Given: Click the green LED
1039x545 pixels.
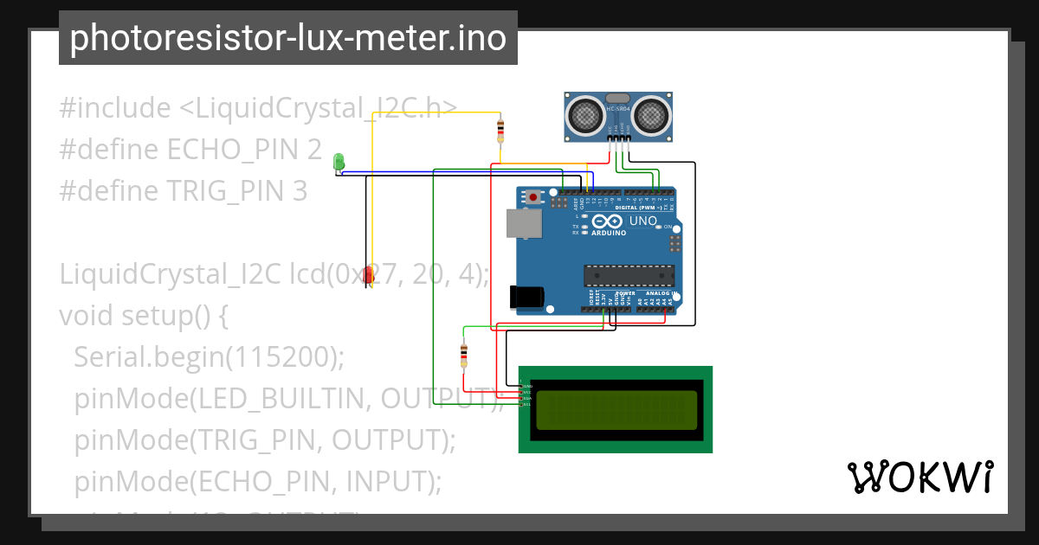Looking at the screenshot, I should pos(339,161).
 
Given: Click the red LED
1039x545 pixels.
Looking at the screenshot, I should pos(369,276).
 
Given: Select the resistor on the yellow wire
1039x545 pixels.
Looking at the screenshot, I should pos(500,131).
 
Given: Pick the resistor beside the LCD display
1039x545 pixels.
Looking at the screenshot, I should pos(463,353).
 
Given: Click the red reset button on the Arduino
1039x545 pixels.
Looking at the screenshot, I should pos(533,198).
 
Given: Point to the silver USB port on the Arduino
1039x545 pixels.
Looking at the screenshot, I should pos(524,222).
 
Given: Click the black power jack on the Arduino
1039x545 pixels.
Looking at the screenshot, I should pos(526,297).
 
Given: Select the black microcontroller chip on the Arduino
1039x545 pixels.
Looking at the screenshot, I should pos(629,275).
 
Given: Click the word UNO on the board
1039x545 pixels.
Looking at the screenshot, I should pos(642,221).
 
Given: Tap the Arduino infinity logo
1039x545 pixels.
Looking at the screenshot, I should pos(610,222).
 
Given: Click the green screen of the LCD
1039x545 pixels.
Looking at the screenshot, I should pos(616,410).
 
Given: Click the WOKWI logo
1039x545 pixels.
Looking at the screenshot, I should pos(920,477).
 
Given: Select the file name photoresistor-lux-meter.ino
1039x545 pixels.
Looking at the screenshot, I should pos(287,39).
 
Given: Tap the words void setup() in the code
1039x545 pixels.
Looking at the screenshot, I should pos(143,316).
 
